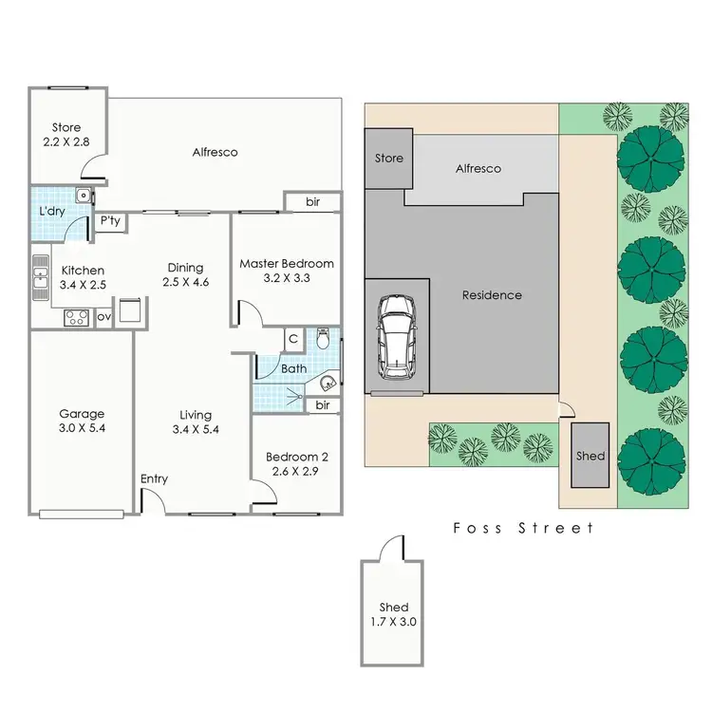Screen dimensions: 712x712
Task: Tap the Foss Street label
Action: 523,528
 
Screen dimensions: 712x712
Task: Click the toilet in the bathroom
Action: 324,338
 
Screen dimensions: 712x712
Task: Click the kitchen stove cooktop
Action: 76,318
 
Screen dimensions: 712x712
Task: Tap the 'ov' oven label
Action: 103,318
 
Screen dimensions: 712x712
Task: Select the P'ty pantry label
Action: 110,222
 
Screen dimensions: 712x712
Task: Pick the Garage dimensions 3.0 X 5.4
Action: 81,429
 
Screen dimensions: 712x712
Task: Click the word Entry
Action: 154,478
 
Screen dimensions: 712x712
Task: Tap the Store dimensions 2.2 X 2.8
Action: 66,142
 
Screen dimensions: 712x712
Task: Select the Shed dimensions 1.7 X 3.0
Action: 393,623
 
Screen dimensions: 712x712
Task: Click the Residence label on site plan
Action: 492,295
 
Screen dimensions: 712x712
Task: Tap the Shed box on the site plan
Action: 590,456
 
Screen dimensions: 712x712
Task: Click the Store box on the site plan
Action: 389,159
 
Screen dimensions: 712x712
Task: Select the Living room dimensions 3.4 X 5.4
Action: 194,430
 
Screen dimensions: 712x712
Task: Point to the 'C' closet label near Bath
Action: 294,338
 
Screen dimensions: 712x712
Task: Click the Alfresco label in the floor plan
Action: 215,152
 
